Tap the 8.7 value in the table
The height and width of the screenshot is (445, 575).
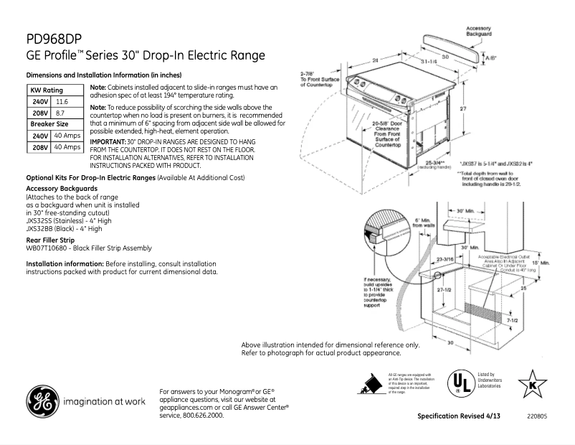60,113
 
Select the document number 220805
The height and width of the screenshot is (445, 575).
536,416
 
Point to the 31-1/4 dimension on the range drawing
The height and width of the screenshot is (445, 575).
429,62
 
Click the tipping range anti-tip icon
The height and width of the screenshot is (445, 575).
371,385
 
